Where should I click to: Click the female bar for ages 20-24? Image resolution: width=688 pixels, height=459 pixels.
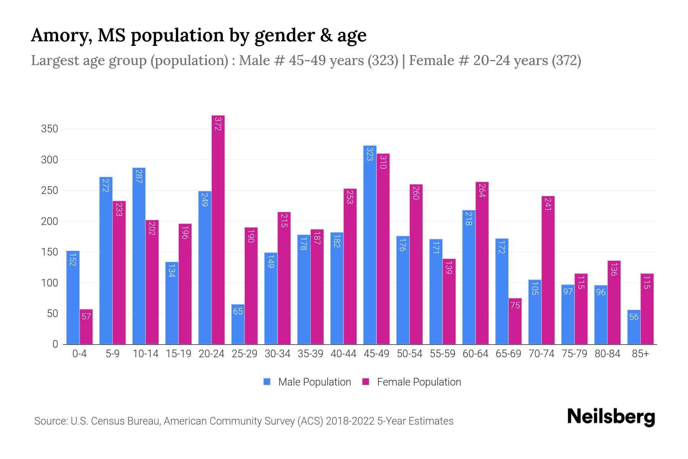[x=218, y=229]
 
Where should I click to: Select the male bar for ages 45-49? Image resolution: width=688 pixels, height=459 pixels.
[x=370, y=245]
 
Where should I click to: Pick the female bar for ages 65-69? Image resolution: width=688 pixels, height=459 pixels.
[x=515, y=321]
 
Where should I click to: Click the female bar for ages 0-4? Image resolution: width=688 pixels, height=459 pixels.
[x=86, y=327]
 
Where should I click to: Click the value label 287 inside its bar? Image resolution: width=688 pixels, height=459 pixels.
[x=139, y=176]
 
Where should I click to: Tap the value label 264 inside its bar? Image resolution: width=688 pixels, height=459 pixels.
[x=482, y=190]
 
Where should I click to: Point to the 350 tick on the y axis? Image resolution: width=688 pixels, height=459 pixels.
[x=50, y=129]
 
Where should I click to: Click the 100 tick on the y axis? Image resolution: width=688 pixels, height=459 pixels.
[x=50, y=283]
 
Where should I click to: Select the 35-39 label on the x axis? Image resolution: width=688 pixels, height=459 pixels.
[x=310, y=354]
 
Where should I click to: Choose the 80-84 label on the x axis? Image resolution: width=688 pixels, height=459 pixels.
[x=607, y=354]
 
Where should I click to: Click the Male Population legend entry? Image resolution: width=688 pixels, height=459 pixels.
[x=314, y=382]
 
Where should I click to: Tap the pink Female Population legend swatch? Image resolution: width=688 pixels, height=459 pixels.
[x=366, y=382]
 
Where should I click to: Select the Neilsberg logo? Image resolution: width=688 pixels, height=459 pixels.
[x=611, y=417]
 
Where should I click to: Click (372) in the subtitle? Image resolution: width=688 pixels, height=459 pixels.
[x=566, y=60]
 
